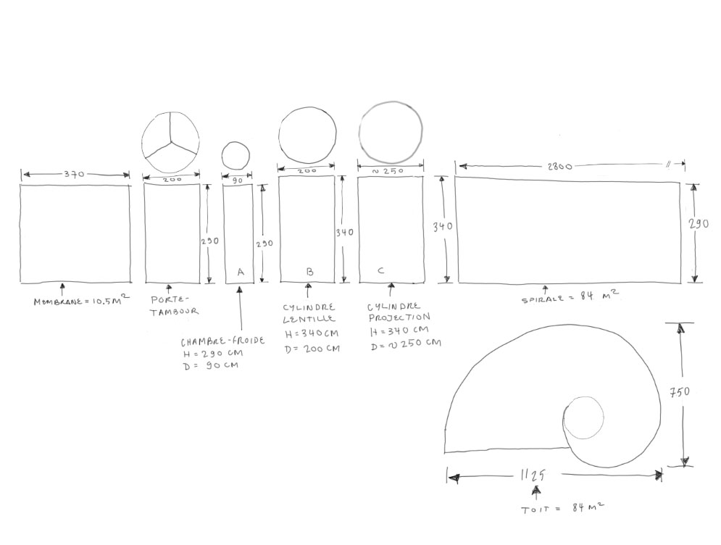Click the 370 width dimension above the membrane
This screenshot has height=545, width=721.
click(74, 175)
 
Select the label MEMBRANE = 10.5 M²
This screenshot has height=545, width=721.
click(82, 300)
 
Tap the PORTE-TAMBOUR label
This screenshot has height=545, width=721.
click(175, 305)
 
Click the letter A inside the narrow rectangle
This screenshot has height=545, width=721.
click(241, 272)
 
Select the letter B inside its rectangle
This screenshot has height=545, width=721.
click(310, 272)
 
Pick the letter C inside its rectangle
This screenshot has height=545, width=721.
click(380, 270)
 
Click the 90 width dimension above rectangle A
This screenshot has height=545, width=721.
click(237, 180)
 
